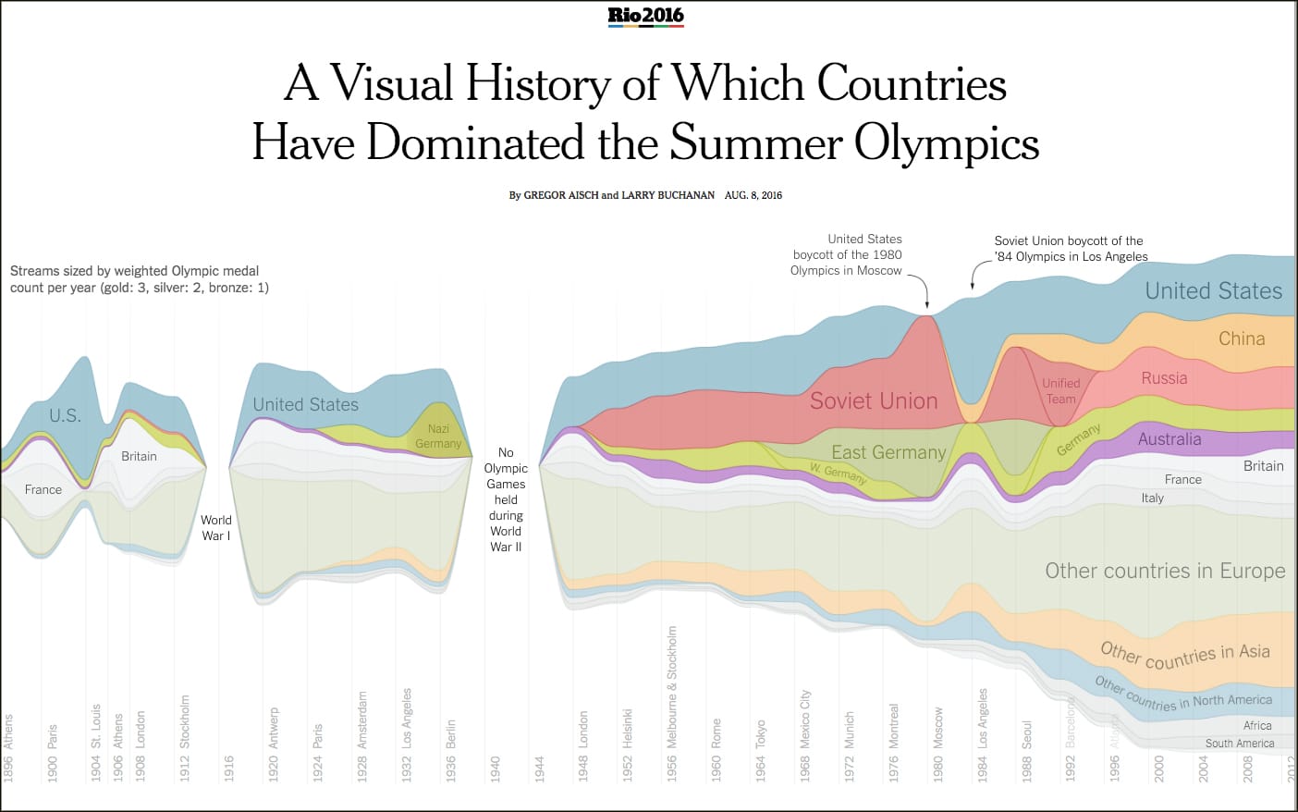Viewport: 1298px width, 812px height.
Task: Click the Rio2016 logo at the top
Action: coord(645,16)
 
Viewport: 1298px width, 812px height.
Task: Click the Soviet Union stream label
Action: coord(874,400)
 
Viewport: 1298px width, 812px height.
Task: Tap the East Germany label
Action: coord(888,452)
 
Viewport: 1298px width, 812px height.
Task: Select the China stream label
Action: coord(1242,338)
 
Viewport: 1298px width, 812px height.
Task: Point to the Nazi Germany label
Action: coord(438,437)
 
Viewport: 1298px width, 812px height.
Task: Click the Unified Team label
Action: coord(1060,391)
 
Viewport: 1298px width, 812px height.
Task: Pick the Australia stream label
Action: coord(1169,439)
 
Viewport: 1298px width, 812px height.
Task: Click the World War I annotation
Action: coord(215,528)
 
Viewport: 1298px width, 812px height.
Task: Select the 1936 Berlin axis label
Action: coord(451,750)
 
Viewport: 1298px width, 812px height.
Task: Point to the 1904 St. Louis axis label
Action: coord(96,743)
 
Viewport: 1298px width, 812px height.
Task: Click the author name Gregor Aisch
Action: coord(561,195)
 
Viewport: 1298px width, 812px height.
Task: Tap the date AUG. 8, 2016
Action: coord(753,195)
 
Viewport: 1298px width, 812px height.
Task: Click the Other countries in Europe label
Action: coord(1165,571)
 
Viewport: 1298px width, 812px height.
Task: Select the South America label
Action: coord(1239,744)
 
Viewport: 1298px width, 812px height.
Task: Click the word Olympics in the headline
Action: coord(946,143)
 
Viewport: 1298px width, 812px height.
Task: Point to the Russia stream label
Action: coord(1164,378)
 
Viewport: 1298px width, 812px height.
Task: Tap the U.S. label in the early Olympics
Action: coord(65,415)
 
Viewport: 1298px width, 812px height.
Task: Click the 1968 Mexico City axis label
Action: coord(805,734)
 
